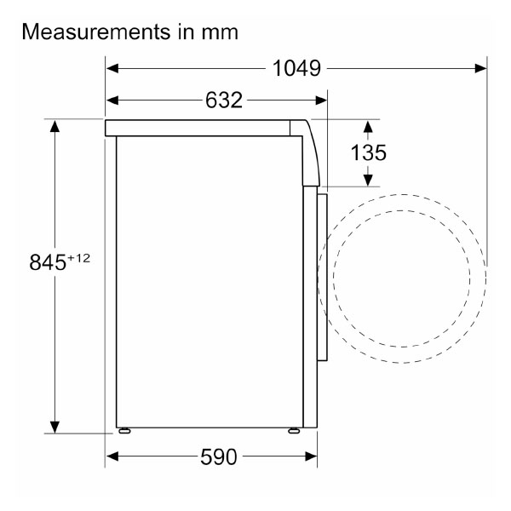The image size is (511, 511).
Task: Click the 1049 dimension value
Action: click(x=296, y=68)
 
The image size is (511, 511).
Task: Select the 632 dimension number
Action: click(x=224, y=100)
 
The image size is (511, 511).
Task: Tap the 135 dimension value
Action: click(x=368, y=152)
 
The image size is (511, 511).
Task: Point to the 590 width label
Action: click(x=218, y=456)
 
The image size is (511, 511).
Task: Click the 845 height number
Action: click(x=48, y=262)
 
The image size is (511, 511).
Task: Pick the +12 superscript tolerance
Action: click(x=78, y=258)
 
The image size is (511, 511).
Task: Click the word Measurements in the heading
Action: click(x=96, y=32)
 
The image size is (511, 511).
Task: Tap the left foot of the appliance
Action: click(x=124, y=431)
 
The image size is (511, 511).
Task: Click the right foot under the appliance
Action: click(x=294, y=431)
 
